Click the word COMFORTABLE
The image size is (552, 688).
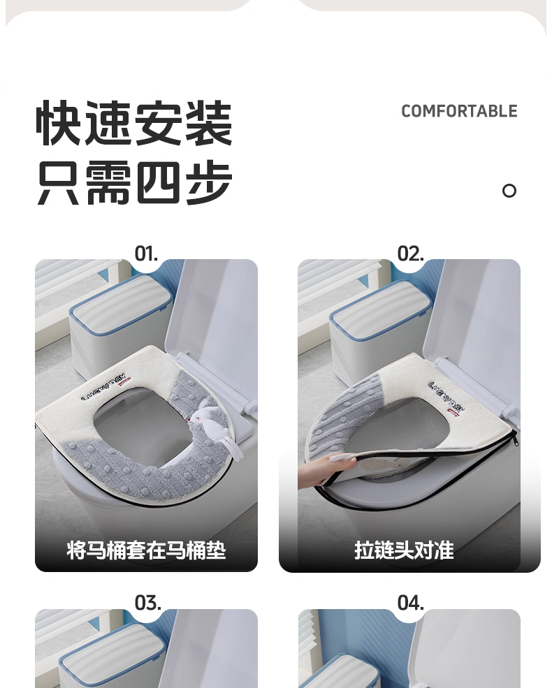[459, 111]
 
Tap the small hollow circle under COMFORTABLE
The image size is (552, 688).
[509, 191]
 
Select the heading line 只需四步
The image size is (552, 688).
[134, 182]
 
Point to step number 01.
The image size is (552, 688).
[146, 254]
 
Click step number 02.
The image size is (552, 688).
[410, 254]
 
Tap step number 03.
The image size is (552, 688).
[147, 603]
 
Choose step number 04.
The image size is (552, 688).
[411, 603]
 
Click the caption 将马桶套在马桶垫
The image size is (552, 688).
[146, 550]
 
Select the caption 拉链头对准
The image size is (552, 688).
[404, 550]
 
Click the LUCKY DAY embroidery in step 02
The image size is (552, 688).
[446, 397]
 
